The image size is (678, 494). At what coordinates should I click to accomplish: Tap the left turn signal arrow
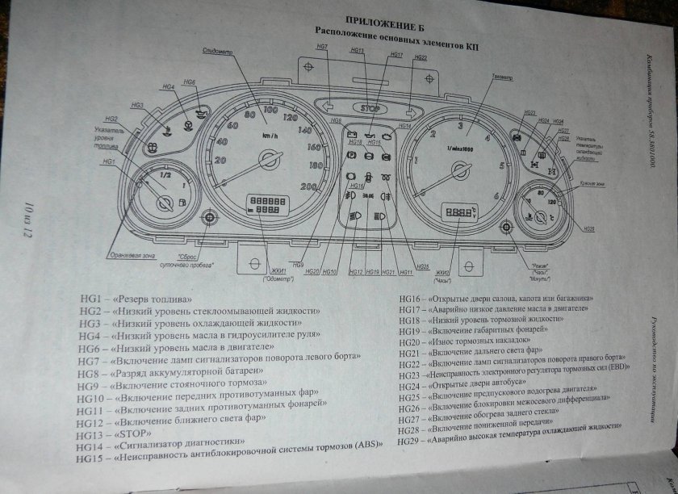click(x=329, y=105)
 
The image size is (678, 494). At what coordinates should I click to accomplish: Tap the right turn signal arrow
click(x=411, y=111)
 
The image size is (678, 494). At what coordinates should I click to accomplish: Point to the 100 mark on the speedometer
click(x=270, y=110)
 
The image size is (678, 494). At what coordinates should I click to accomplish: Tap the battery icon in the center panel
click(x=352, y=131)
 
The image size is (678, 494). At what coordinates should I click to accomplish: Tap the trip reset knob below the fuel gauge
click(x=211, y=217)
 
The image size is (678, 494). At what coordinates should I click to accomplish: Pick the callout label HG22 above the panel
click(x=420, y=58)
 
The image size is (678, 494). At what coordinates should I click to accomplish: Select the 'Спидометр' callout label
click(x=219, y=51)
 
